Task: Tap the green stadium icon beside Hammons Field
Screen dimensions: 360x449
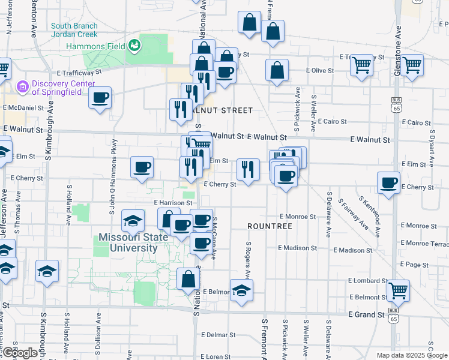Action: click(x=134, y=45)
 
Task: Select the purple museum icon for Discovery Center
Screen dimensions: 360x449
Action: click(x=23, y=88)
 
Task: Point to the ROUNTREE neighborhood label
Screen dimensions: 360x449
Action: click(x=270, y=226)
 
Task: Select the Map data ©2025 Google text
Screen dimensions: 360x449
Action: click(x=411, y=355)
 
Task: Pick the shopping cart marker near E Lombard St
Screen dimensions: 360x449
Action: click(x=398, y=290)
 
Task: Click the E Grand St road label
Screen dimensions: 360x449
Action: click(x=366, y=314)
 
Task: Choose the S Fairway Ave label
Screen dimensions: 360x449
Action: click(x=353, y=214)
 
